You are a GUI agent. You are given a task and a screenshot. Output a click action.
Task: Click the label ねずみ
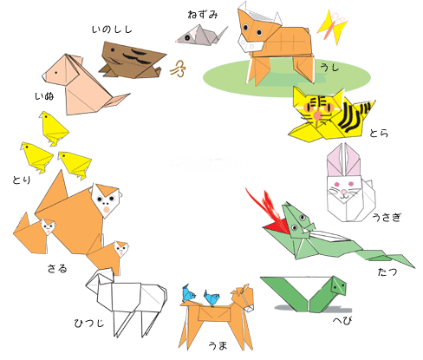pyautogui.click(x=203, y=15)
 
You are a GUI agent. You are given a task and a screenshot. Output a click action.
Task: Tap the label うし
pyautogui.click(x=329, y=68)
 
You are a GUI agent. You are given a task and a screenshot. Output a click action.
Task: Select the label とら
pyautogui.click(x=379, y=133)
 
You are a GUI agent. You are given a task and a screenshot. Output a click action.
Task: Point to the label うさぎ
pyautogui.click(x=387, y=217)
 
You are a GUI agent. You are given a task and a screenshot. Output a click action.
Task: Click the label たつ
pyautogui.click(x=387, y=272)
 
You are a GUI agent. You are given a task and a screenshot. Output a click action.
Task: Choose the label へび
pyautogui.click(x=342, y=320)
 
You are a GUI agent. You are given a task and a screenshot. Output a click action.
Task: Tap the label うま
pyautogui.click(x=218, y=345)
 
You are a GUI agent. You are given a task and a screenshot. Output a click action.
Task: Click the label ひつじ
pyautogui.click(x=89, y=323)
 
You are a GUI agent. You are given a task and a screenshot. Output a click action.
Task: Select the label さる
pyautogui.click(x=57, y=269)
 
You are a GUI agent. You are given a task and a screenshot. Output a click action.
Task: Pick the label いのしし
pyautogui.click(x=112, y=29)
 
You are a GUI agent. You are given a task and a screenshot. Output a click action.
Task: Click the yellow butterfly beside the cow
pyautogui.click(x=333, y=27)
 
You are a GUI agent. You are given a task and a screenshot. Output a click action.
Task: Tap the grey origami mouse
pyautogui.click(x=201, y=35)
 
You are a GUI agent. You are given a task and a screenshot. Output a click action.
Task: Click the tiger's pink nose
pyautogui.click(x=318, y=115)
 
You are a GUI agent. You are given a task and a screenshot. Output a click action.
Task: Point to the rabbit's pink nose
pyautogui.click(x=344, y=192)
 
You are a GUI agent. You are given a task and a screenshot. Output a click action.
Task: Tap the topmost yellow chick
pyautogui.click(x=53, y=128)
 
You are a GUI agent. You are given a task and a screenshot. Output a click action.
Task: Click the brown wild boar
pyautogui.click(x=133, y=60)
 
